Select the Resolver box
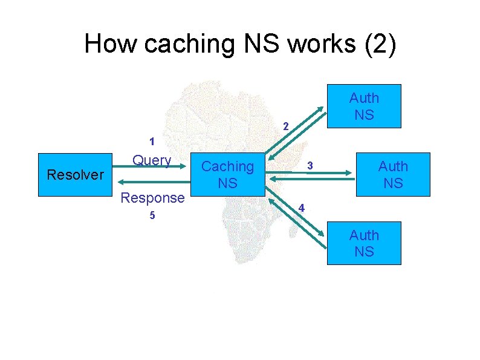click(76, 175)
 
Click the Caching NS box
click(228, 174)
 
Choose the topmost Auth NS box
click(364, 106)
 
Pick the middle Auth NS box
click(393, 174)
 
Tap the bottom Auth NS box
click(364, 243)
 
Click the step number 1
click(152, 143)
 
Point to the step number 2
click(287, 126)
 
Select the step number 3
click(309, 165)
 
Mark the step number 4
click(302, 208)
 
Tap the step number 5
click(152, 216)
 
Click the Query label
click(152, 160)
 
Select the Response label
click(152, 197)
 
